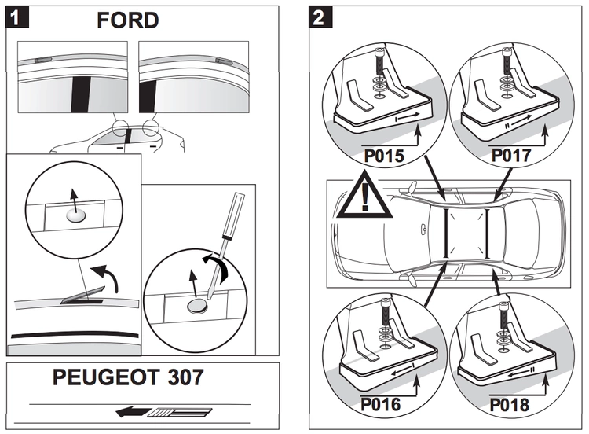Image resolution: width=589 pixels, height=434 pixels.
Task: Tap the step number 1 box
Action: click(x=16, y=17)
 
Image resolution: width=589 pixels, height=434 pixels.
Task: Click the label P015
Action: click(x=382, y=156)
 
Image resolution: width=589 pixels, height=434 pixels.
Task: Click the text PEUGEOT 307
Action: click(x=128, y=377)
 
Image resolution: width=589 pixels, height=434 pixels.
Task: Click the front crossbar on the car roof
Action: click(x=446, y=233)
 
